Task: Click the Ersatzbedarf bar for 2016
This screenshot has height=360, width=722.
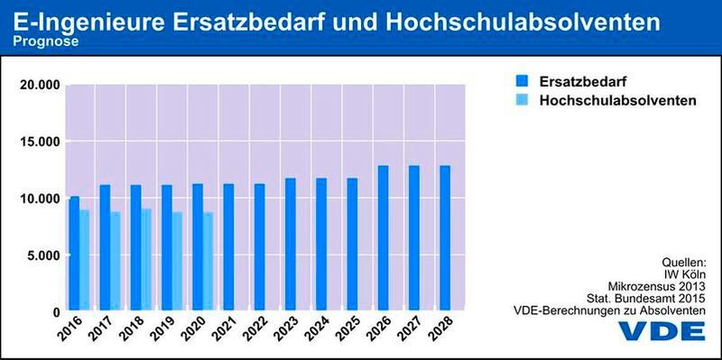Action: pyautogui.click(x=74, y=254)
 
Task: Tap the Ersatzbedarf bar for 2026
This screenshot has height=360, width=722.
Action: pyautogui.click(x=383, y=238)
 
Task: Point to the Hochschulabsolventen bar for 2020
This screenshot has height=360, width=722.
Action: pyautogui.click(x=208, y=262)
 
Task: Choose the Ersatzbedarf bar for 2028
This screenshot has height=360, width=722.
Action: pyautogui.click(x=444, y=238)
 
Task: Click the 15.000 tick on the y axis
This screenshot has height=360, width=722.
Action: pyautogui.click(x=39, y=142)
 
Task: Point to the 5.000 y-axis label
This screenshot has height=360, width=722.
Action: pyautogui.click(x=42, y=255)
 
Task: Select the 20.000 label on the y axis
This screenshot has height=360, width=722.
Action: pyautogui.click(x=39, y=85)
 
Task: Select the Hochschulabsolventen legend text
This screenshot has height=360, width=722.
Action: pyautogui.click(x=617, y=101)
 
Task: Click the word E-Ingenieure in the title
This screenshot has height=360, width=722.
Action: pyautogui.click(x=93, y=18)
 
